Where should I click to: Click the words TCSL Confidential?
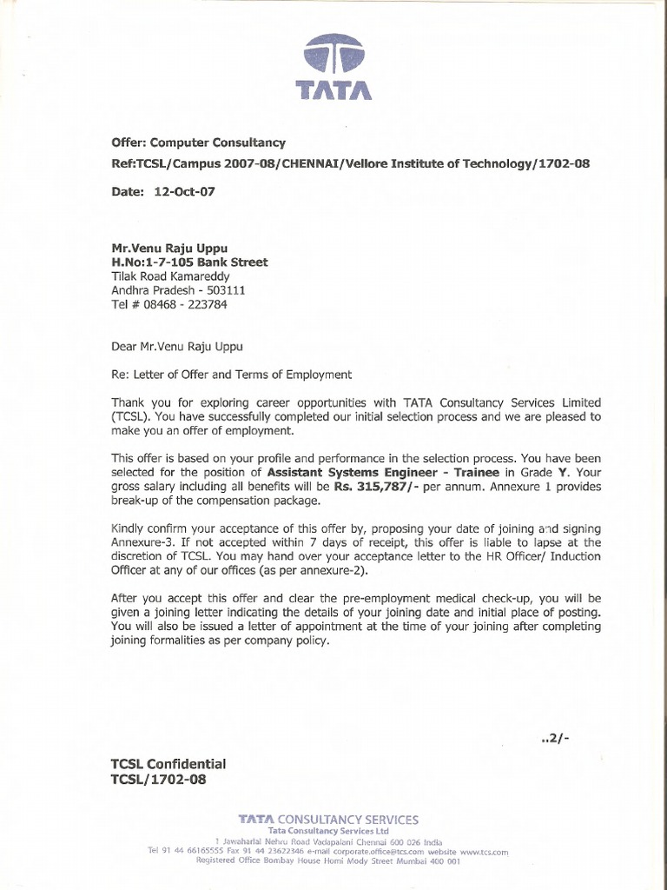coord(168,764)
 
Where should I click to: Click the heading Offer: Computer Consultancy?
coord(198,142)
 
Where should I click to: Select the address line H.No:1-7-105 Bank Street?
coord(189,262)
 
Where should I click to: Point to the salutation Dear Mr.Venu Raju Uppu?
coord(177,346)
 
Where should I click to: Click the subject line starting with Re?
coord(231,375)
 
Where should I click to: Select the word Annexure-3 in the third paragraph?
coord(142,543)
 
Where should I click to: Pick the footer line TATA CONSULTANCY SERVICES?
coord(329,819)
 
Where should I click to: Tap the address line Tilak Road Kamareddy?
coord(170,276)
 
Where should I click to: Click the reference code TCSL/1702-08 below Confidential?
coord(159,780)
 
